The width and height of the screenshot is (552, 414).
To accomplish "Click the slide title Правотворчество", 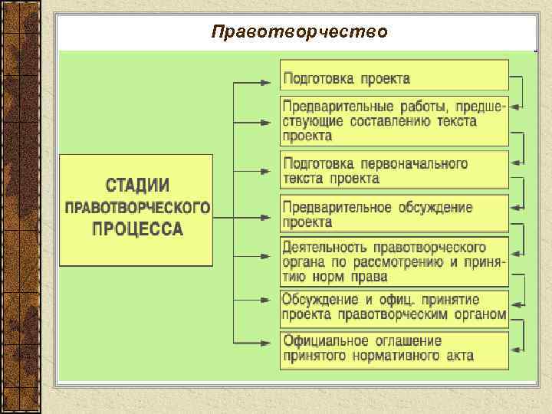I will pos(300,31).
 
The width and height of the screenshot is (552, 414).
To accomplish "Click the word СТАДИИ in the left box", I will pos(137,186).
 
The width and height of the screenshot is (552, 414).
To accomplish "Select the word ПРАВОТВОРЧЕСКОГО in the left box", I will pos(137,208).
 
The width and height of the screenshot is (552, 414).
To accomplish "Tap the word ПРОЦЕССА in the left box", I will pos(137,228).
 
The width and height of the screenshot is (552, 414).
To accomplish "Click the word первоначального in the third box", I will pos(419,163).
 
